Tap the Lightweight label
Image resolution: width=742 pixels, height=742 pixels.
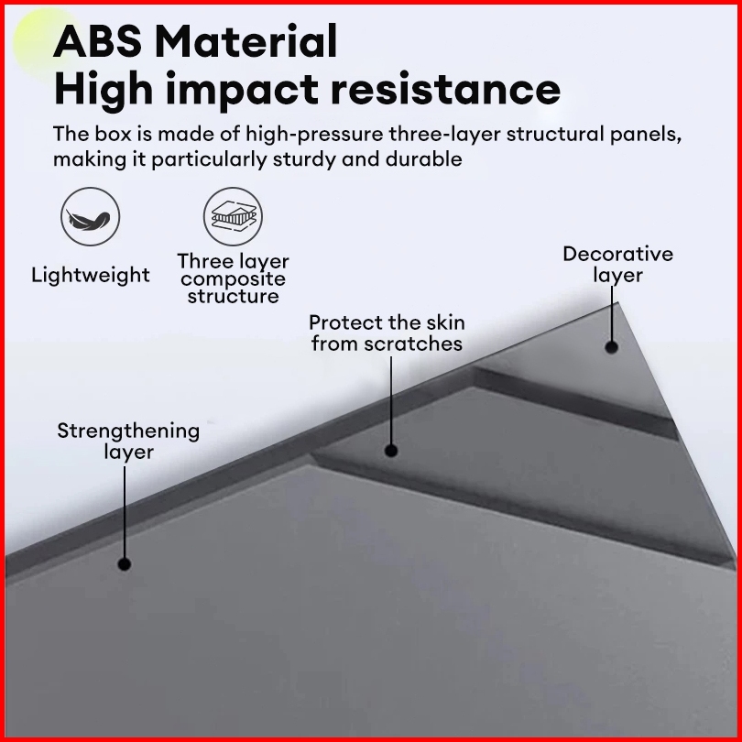91,275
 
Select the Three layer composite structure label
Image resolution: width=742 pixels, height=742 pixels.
233,278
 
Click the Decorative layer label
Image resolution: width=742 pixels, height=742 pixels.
617,264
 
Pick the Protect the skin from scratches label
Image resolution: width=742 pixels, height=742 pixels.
387,333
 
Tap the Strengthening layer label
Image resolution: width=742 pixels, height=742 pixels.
128,441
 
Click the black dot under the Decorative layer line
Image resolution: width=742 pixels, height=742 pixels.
611,347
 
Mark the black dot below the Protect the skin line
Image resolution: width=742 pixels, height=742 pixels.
391,450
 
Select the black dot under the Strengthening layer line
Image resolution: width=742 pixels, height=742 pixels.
125,564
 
